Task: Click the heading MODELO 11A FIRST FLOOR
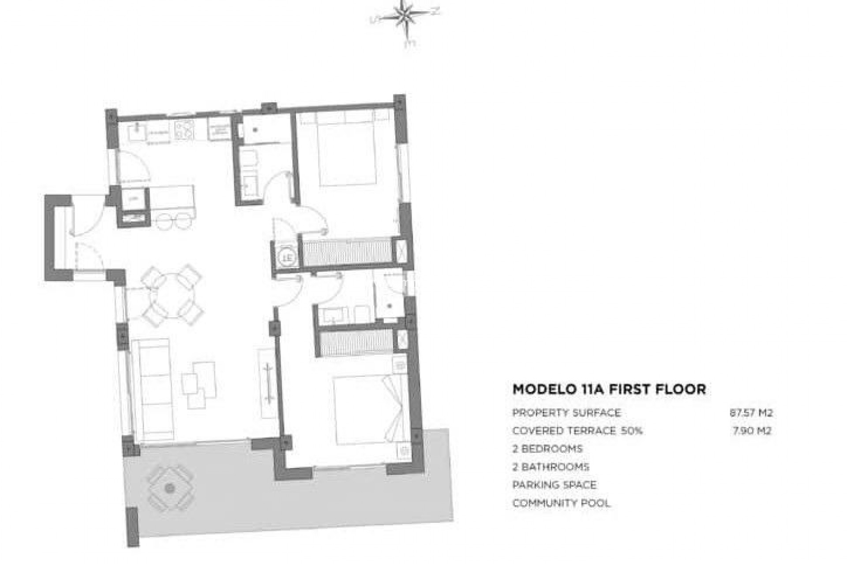pyautogui.click(x=609, y=390)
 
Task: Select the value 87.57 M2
pyautogui.click(x=751, y=413)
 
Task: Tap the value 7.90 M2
pyautogui.click(x=752, y=431)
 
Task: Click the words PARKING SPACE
pyautogui.click(x=554, y=485)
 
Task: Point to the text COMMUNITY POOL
pyautogui.click(x=561, y=503)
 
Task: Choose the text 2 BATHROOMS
pyautogui.click(x=551, y=467)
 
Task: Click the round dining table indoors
pyautogui.click(x=172, y=295)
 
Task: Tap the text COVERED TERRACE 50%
pyautogui.click(x=577, y=431)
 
